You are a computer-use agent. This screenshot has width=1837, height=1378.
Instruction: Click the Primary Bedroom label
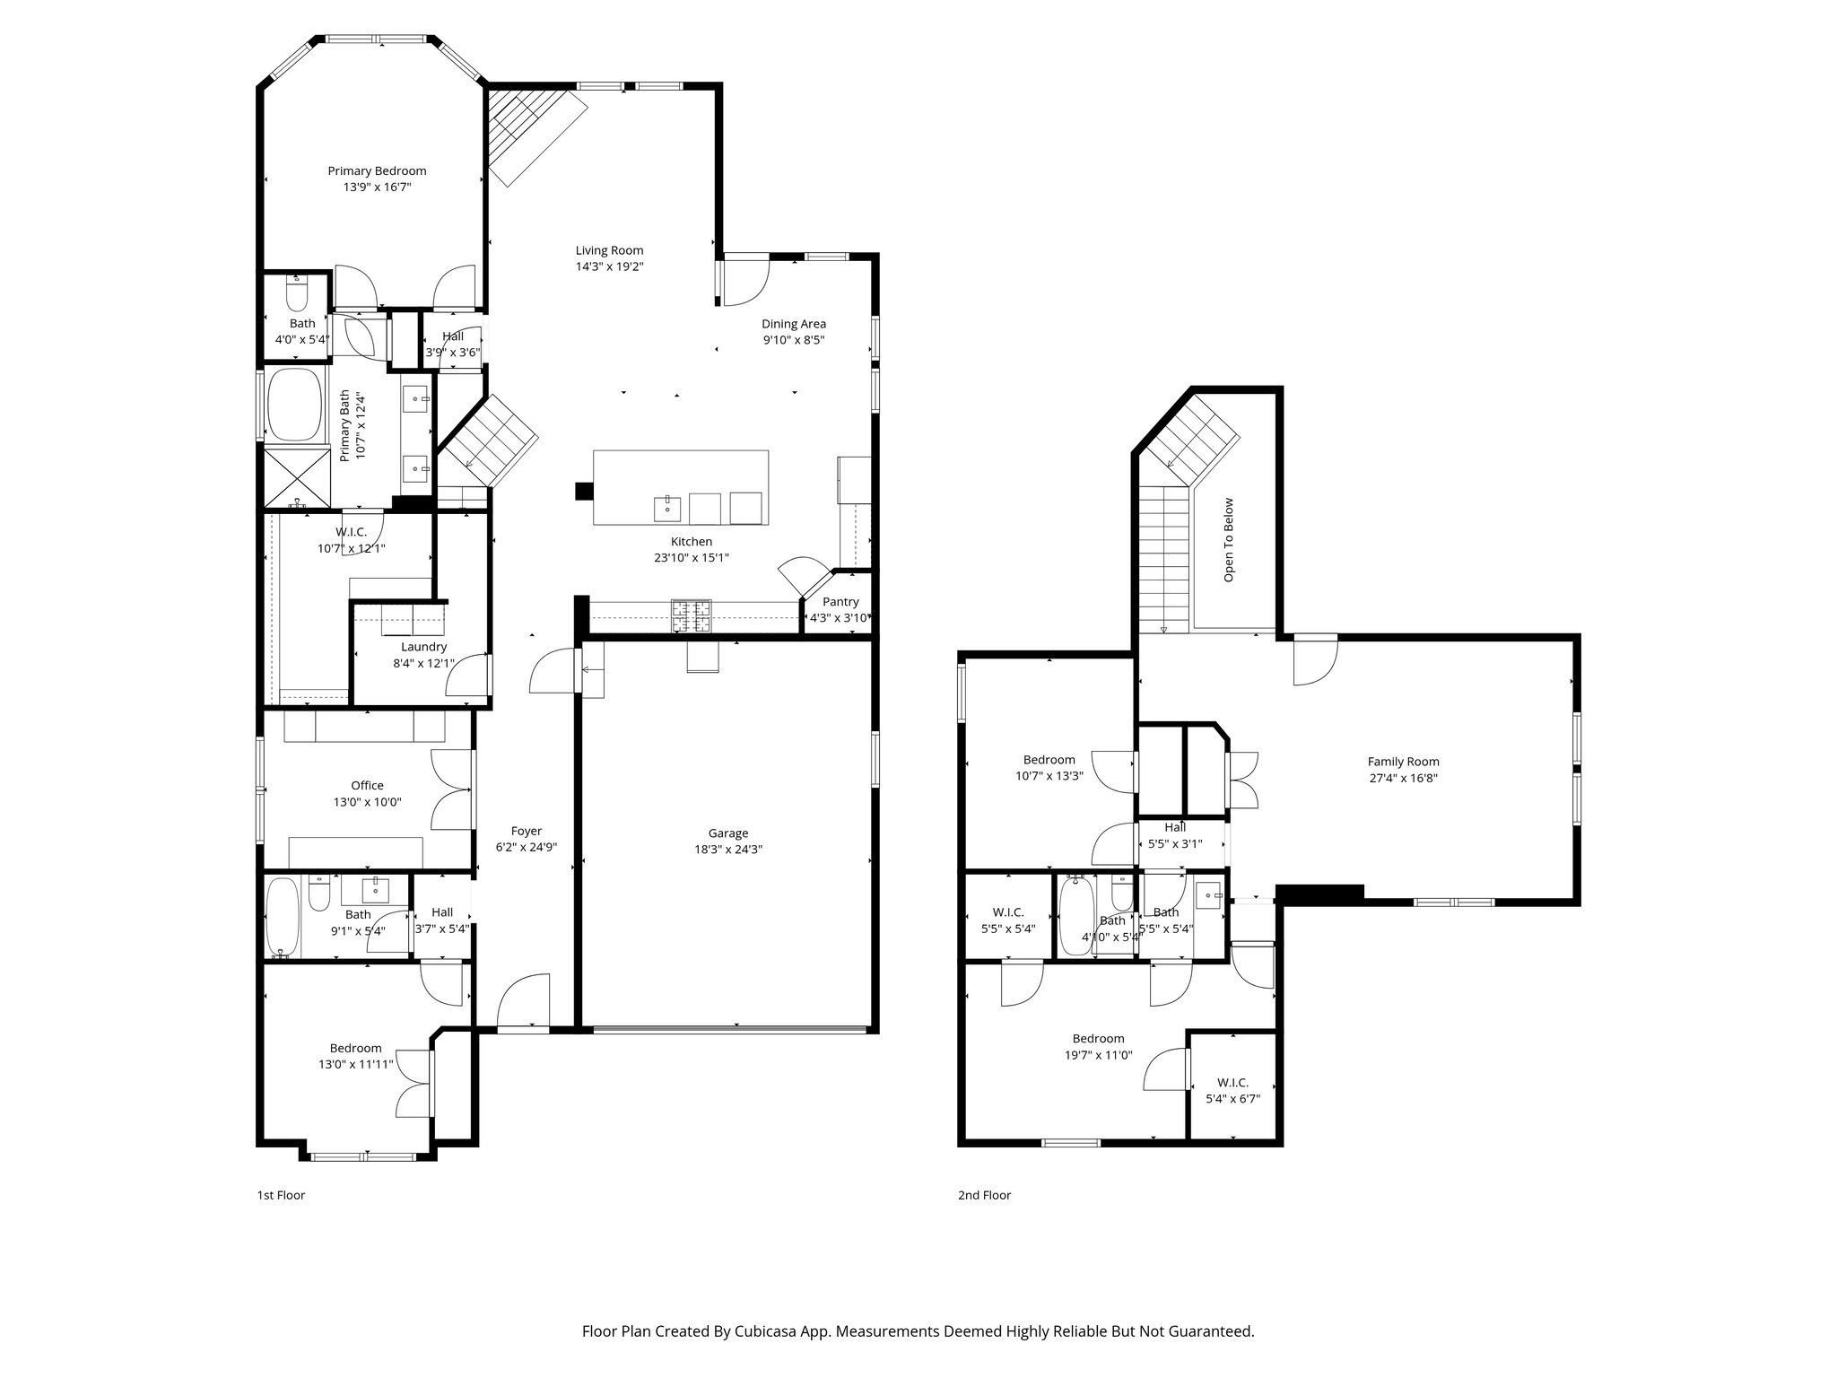coord(377,170)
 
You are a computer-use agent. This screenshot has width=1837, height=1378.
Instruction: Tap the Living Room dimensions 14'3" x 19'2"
coord(609,266)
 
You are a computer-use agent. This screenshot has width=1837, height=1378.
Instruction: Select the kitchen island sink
coord(667,509)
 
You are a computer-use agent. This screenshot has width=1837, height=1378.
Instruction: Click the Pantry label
coord(840,602)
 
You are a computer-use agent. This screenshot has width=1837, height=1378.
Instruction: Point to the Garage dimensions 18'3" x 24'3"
coord(727,850)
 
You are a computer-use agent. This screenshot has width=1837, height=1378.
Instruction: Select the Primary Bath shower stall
coord(297,478)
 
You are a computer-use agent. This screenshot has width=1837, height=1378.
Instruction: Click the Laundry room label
coord(423,647)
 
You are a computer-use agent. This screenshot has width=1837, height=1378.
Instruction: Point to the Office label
coord(367,785)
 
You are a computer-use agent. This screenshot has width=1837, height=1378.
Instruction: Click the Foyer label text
coord(527,831)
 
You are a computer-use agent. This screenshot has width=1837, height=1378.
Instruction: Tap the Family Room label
coord(1403,761)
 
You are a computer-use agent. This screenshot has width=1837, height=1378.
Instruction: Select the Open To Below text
coord(1229,540)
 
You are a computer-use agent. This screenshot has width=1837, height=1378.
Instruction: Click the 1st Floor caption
coord(281,1195)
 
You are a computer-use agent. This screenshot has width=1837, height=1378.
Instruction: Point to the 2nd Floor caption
coord(984,1195)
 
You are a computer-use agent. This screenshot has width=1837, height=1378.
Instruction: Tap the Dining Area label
coord(794,324)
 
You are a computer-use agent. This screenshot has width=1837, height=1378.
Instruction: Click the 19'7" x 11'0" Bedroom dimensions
coord(1098,1055)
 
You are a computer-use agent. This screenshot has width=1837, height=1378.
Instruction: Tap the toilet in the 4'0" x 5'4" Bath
coord(296,293)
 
